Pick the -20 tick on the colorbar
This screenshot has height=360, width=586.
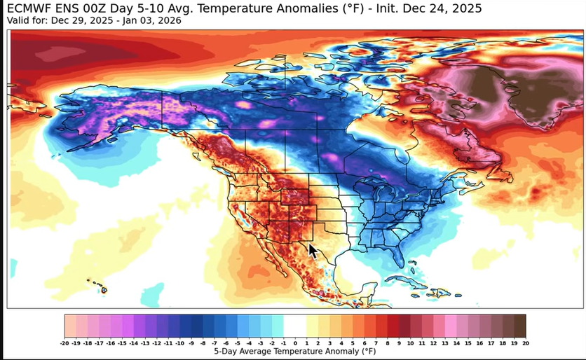[65, 343]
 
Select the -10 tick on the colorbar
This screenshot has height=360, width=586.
[180, 343]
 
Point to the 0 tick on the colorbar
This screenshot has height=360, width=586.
[294, 343]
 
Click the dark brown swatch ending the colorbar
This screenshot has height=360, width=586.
[520, 326]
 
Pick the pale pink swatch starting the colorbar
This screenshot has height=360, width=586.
[70, 326]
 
